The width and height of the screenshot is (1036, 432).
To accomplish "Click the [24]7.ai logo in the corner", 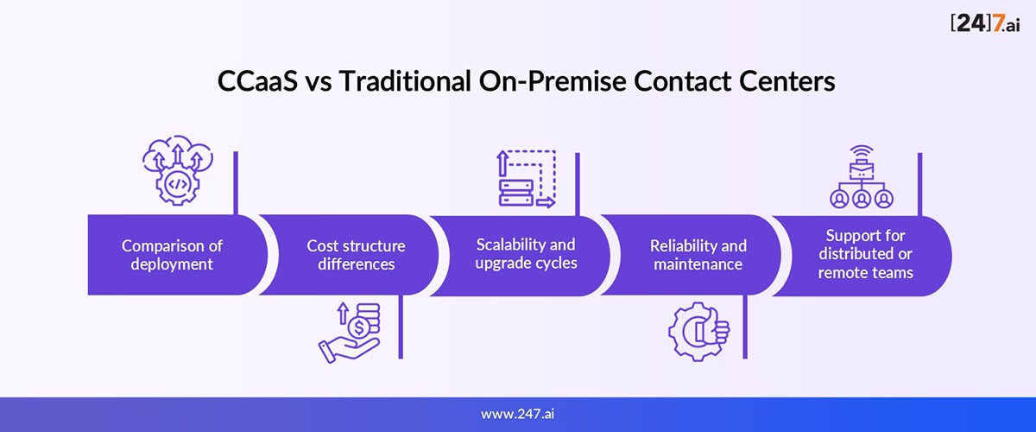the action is pyautogui.click(x=985, y=23).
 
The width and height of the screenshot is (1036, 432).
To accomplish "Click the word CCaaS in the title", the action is pyautogui.click(x=257, y=81).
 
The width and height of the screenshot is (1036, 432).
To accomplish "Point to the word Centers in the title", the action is pyautogui.click(x=786, y=81).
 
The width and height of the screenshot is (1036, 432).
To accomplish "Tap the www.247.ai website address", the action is pyautogui.click(x=517, y=414).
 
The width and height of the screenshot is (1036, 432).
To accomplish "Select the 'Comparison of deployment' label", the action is pyautogui.click(x=172, y=255).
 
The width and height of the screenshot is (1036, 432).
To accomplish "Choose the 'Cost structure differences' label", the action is pyautogui.click(x=356, y=255).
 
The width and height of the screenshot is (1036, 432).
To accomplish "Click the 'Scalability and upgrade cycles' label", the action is pyautogui.click(x=526, y=254).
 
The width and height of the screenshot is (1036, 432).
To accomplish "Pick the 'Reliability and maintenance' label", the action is pyautogui.click(x=698, y=255).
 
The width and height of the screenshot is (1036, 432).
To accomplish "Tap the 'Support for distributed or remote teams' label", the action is pyautogui.click(x=865, y=254).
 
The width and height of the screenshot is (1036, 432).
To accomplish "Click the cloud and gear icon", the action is pyautogui.click(x=178, y=170).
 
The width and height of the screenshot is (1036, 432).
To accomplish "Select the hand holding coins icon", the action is pyautogui.click(x=350, y=333).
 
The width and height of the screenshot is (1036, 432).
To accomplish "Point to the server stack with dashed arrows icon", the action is pyautogui.click(x=527, y=179).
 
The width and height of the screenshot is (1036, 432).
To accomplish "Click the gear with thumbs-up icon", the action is pyautogui.click(x=698, y=331).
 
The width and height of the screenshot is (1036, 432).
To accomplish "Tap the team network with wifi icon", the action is pyautogui.click(x=862, y=177).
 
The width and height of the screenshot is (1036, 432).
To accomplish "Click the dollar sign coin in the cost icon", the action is pyautogui.click(x=358, y=327).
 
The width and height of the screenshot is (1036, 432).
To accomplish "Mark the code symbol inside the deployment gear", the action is pyautogui.click(x=178, y=184).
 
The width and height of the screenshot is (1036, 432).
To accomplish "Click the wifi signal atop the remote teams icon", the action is pyautogui.click(x=862, y=152).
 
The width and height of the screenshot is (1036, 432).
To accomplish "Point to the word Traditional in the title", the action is pyautogui.click(x=405, y=81).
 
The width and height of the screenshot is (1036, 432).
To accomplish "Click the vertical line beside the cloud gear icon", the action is pyautogui.click(x=236, y=183).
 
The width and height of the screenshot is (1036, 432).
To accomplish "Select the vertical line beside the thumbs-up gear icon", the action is pyautogui.click(x=745, y=327).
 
